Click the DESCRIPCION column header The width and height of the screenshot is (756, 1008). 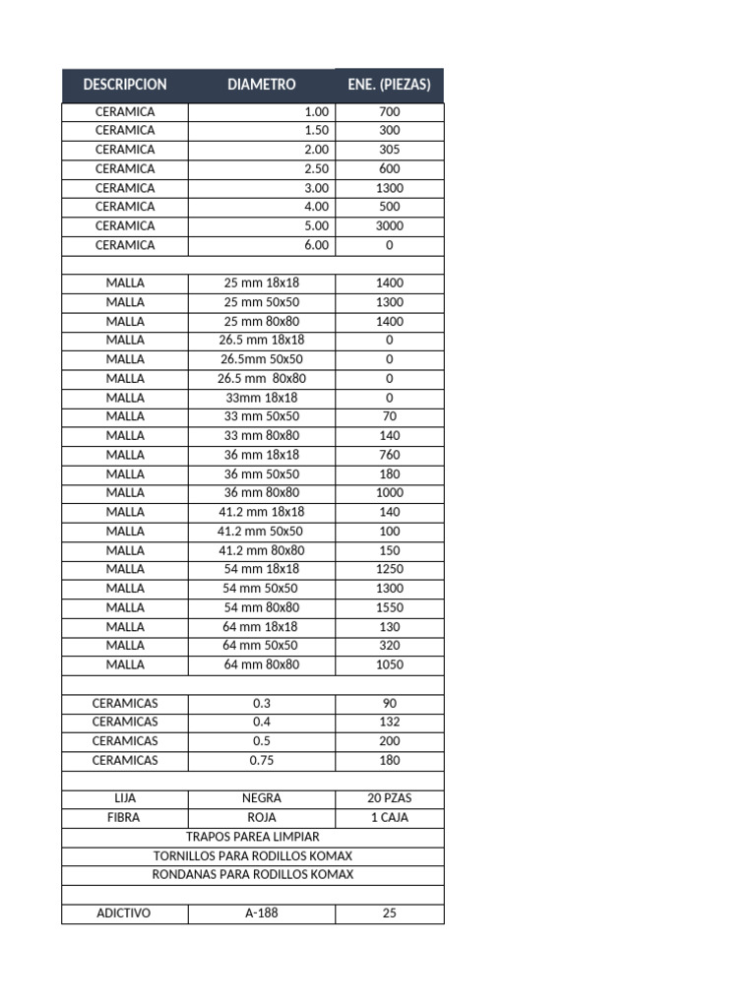click(x=125, y=85)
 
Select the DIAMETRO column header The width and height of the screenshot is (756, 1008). click(x=261, y=85)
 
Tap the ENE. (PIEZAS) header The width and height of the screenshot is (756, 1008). click(x=389, y=85)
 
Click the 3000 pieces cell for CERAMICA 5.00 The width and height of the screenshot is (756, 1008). click(x=389, y=225)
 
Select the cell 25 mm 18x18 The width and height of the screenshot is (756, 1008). click(x=261, y=283)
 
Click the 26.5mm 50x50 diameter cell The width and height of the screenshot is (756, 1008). click(x=261, y=359)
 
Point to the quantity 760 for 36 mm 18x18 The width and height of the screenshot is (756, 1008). click(x=389, y=455)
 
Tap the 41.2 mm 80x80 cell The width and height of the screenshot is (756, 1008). click(x=261, y=550)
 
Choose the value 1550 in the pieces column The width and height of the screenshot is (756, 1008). click(x=389, y=607)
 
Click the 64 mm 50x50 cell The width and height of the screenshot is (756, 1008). click(x=261, y=646)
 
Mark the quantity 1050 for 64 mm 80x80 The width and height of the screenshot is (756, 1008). click(x=389, y=664)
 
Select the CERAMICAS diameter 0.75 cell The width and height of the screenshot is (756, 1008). click(x=261, y=760)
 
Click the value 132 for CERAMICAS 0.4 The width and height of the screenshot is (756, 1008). click(x=389, y=722)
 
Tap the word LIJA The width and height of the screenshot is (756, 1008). click(x=125, y=798)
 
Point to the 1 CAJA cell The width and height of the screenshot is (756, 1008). click(x=389, y=817)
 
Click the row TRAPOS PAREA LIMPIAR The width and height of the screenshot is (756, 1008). click(x=253, y=837)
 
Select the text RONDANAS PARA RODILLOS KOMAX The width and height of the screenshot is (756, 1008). click(x=253, y=874)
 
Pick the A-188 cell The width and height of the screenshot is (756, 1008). click(x=261, y=913)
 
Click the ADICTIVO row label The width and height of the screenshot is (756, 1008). click(x=124, y=913)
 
